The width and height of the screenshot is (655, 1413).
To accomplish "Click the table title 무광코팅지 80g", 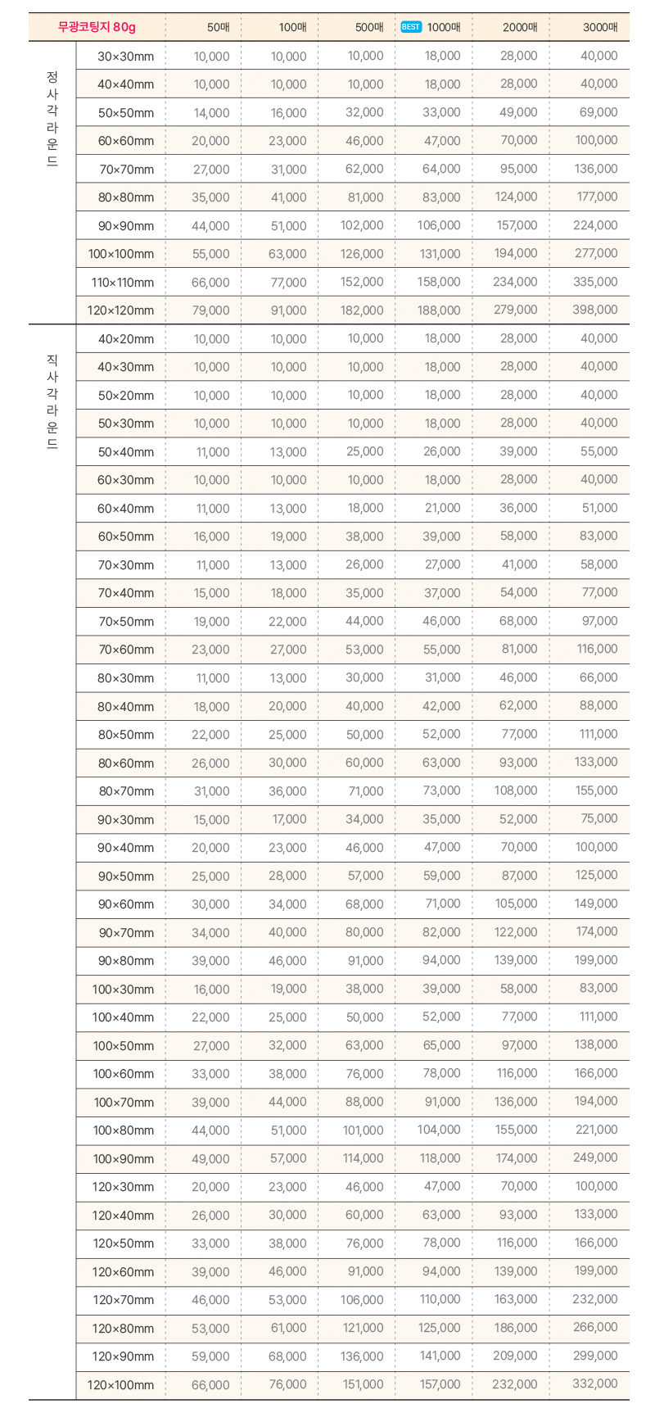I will pos(97,27).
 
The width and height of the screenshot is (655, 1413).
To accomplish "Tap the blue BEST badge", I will pos(411,27).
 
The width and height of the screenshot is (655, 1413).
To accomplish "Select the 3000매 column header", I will pos(600,27).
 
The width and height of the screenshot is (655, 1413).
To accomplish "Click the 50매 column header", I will pos(219,27).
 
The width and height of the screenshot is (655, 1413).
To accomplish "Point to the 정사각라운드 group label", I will pos(52,119).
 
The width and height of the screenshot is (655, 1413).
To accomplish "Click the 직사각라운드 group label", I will pos(52,401).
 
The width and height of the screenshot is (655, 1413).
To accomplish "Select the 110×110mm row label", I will pos(123,283).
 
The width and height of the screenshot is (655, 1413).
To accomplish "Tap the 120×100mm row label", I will pos(120,1385).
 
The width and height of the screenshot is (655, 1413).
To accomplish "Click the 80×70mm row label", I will pos(126,791).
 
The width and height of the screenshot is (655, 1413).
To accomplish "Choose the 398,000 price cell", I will pos(595,310).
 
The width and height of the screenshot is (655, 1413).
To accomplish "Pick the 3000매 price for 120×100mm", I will pos(595,1384).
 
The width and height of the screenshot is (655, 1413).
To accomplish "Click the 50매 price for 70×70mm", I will pos(211,170).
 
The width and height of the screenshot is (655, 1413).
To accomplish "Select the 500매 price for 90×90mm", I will pos(362,226).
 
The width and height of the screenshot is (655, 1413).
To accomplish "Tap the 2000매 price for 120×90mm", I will pos(516,1356).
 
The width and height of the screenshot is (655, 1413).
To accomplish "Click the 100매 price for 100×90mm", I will pos(288,1158).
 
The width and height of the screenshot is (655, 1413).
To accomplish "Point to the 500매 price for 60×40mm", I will pos(365,509).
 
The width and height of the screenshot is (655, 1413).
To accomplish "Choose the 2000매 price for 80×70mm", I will pos(516,791).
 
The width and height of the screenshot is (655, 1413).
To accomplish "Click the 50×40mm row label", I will pos(126,452).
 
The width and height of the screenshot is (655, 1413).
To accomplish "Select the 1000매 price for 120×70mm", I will pos(440,1300).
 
